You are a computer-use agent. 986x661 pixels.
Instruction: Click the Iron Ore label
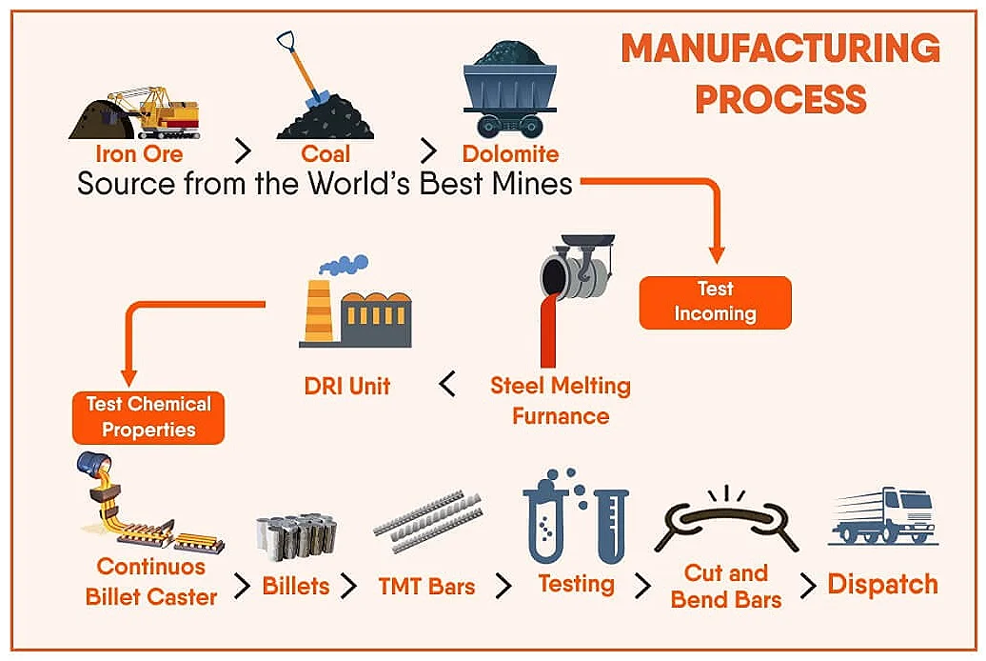pos(139,153)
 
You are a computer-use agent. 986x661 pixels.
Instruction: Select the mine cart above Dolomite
pos(510,90)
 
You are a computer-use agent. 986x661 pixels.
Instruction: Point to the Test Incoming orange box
pos(715,302)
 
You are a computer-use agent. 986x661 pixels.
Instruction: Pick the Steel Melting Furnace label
pos(561,400)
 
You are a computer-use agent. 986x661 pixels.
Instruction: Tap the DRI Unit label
pos(346,386)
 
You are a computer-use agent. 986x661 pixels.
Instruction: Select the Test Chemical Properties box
pos(148,417)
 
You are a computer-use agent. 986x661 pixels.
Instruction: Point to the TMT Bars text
pos(426,586)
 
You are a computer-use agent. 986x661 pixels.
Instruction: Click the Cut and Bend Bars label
pos(726,586)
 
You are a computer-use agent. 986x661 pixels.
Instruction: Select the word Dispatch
pos(882,584)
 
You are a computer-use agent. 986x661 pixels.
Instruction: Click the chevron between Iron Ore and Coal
pos(244,151)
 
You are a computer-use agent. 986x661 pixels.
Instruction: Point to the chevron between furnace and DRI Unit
pos(447,385)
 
